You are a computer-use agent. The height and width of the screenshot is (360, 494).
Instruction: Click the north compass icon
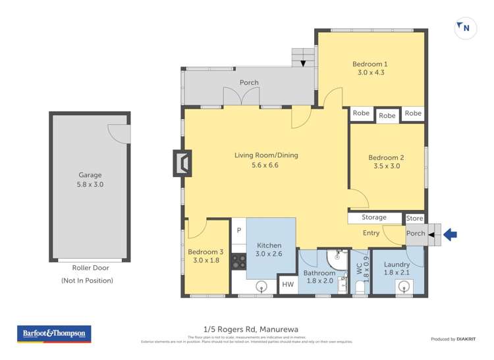click(x=466, y=28)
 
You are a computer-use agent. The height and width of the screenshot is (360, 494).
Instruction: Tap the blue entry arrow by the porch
click(x=451, y=234)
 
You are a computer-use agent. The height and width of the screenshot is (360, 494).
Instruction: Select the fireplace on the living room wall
click(x=182, y=163)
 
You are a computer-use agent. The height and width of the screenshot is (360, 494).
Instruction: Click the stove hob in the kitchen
click(x=238, y=262)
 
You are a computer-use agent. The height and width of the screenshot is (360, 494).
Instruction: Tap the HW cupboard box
click(x=288, y=284)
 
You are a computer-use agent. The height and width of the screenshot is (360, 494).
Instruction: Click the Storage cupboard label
click(x=374, y=218)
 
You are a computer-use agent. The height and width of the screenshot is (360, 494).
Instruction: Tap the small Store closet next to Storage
click(x=414, y=218)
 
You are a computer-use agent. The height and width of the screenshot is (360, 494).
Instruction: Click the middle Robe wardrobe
click(x=387, y=116)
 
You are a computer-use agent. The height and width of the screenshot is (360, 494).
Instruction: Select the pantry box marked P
click(x=238, y=230)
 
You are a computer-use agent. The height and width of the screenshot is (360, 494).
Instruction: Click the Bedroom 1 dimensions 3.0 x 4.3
click(x=370, y=73)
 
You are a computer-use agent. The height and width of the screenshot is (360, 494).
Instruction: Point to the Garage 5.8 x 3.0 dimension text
click(x=90, y=185)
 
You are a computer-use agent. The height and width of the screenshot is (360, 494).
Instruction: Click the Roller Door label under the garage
click(x=90, y=268)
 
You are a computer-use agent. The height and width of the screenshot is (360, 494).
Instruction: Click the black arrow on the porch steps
click(x=303, y=63)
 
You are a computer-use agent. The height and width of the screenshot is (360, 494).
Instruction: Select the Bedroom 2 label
click(x=386, y=157)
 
